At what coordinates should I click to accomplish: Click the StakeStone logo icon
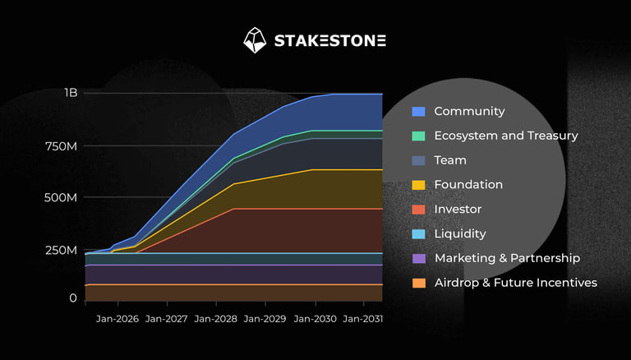click(255, 40)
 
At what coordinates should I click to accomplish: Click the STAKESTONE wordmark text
click(329, 40)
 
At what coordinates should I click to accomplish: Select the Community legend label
click(469, 111)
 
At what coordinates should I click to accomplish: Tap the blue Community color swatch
click(418, 111)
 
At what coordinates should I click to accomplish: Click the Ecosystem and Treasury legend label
click(506, 136)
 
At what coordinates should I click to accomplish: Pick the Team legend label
click(450, 160)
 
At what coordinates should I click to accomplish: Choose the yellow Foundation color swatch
click(418, 185)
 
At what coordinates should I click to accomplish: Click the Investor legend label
click(458, 210)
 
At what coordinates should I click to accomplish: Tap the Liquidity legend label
click(460, 234)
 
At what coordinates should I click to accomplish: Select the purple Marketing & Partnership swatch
click(418, 258)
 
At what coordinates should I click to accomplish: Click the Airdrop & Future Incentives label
click(515, 283)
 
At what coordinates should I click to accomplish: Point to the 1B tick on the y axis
click(71, 93)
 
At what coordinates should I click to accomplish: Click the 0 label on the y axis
click(73, 298)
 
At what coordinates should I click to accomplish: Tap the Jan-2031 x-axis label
click(362, 318)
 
